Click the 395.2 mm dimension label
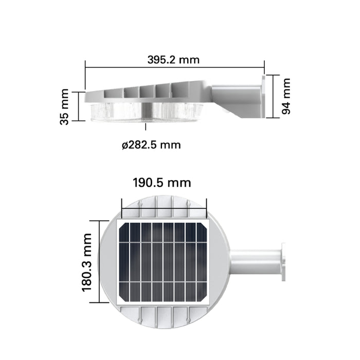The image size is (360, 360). coord(173,60)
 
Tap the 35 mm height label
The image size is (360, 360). coord(64,106)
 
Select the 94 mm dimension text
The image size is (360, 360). coord(286,96)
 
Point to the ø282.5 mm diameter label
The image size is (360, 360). coord(152,145)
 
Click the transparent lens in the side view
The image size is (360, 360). coord(118,113)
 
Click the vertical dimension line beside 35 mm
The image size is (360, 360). coord(78,106)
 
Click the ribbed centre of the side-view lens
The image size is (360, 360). coord(146,110)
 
